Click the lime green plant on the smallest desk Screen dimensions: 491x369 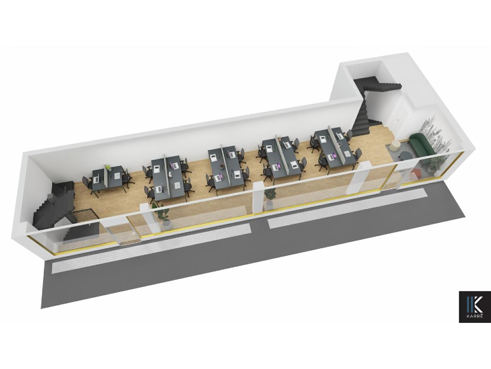coord(108,167)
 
